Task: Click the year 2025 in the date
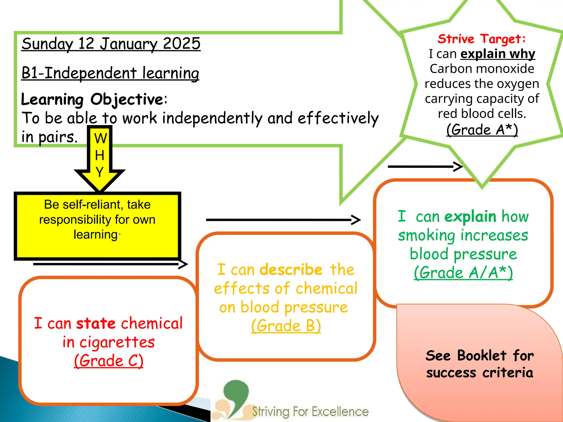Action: tap(181, 43)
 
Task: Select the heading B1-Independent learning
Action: tap(110, 73)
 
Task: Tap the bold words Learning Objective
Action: tap(92, 99)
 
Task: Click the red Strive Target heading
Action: tap(482, 39)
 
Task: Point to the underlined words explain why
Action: tap(498, 54)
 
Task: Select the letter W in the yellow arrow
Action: tap(100, 138)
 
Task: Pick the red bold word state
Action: tap(96, 323)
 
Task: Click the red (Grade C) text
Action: tap(109, 361)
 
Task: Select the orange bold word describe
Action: tap(291, 270)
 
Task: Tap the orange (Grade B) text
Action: tap(286, 326)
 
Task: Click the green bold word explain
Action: tap(470, 216)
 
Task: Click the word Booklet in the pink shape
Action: tap(482, 356)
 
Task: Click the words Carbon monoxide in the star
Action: tap(482, 69)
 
